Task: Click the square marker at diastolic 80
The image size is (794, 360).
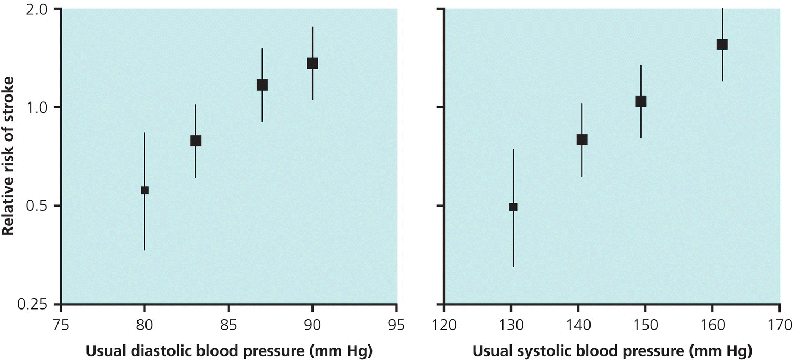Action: [x=144, y=190]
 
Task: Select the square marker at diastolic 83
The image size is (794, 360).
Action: [x=196, y=141]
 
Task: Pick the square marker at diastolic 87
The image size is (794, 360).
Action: [x=262, y=85]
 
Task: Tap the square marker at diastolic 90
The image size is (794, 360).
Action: [x=312, y=63]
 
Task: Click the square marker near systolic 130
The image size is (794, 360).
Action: [x=513, y=207]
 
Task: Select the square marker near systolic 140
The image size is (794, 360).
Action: [x=582, y=139]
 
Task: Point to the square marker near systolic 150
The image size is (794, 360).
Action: [x=641, y=101]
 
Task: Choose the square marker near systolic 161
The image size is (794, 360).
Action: [x=722, y=44]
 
